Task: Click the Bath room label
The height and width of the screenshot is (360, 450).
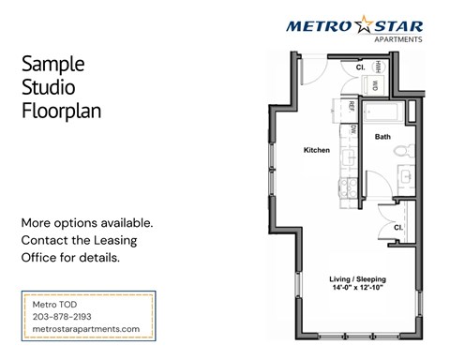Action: [382, 137]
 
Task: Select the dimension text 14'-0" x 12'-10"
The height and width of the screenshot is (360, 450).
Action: [361, 290]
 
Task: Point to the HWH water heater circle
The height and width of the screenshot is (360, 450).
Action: [375, 67]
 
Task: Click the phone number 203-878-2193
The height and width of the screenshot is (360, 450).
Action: [63, 316]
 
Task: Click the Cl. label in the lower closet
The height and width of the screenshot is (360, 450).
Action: [397, 227]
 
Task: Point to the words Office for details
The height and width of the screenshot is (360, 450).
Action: [69, 256]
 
